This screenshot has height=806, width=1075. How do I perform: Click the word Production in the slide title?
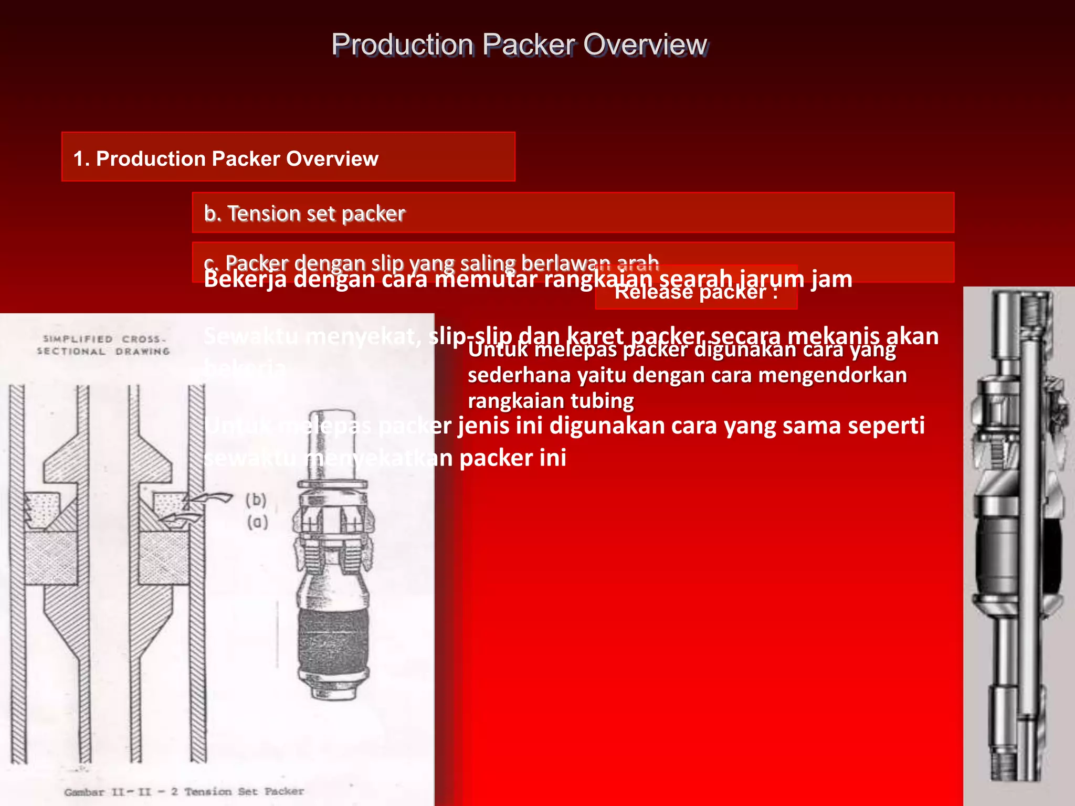403,44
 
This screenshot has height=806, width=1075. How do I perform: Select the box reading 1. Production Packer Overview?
288,157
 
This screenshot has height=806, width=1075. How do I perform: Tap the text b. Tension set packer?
304,214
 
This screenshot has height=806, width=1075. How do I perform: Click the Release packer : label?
695,292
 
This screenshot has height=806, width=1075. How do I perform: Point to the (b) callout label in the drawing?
256,500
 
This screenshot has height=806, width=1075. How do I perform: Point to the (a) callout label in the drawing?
257,522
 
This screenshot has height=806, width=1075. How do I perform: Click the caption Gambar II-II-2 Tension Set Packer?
184,791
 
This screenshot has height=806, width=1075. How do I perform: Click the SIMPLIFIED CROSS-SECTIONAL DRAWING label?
103,345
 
